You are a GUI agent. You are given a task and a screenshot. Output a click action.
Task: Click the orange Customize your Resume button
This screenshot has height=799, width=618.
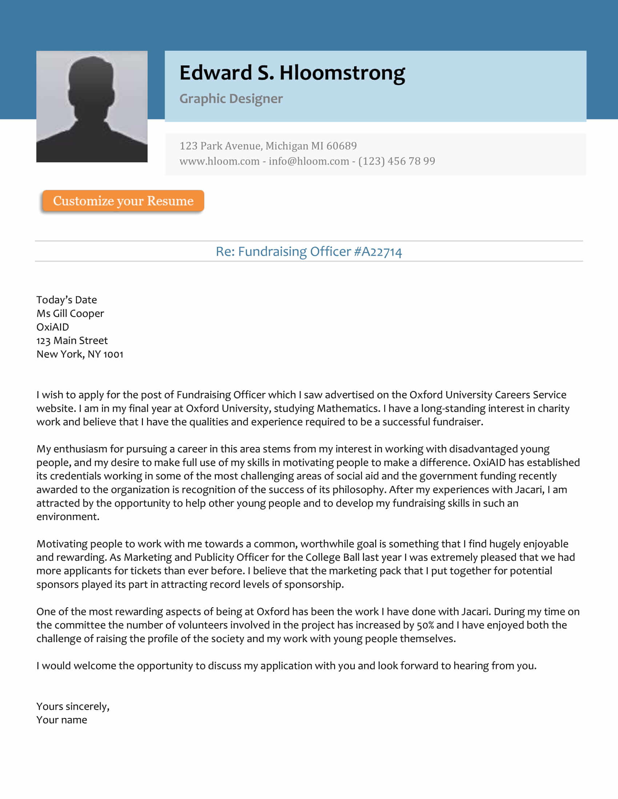[x=123, y=201]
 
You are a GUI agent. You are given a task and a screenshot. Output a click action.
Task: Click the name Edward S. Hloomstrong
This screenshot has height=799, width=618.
[x=292, y=72]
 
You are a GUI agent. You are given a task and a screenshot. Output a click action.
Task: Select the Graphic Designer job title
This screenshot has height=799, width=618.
[x=230, y=99]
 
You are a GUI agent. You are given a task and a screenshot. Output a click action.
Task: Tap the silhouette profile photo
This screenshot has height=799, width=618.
[x=92, y=106]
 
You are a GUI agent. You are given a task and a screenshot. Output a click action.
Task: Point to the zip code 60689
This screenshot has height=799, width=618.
[x=341, y=146]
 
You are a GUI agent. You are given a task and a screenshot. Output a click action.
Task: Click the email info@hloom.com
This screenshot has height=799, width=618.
[x=309, y=161]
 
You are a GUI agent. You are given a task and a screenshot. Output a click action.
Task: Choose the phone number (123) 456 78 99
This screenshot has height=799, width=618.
[x=397, y=161]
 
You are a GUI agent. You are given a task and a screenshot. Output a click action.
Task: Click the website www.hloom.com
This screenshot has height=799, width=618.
[x=219, y=161]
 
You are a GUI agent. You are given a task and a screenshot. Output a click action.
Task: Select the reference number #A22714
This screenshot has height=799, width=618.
[x=377, y=252]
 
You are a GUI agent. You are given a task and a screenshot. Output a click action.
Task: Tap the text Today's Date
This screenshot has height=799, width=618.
[x=67, y=300]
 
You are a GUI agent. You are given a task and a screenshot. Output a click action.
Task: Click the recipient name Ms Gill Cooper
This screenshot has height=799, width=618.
[x=70, y=313]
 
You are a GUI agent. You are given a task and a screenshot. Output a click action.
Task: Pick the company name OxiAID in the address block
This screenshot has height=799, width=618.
[x=52, y=327]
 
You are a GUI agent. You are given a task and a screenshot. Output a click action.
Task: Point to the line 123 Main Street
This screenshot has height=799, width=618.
[x=72, y=341]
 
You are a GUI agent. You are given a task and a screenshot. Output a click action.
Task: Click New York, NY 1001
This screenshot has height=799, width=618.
[x=80, y=354]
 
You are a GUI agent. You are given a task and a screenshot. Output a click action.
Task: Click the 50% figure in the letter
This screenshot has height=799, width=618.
[x=425, y=625]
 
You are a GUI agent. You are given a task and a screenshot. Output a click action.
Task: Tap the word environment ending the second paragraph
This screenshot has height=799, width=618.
[x=67, y=516]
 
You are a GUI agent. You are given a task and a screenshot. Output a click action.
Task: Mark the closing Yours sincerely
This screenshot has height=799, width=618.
[x=72, y=706]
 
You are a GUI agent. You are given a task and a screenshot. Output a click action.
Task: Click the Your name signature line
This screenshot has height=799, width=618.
[x=61, y=720]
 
